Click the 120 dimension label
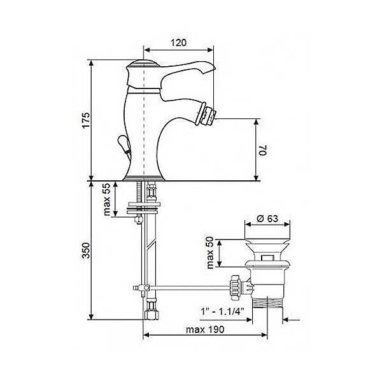178,43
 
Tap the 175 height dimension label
86,120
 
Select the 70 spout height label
263,150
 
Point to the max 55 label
107,199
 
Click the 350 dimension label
86,250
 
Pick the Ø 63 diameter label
267,218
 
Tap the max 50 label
209,253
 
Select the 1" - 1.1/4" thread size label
222,311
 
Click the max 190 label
205,330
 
